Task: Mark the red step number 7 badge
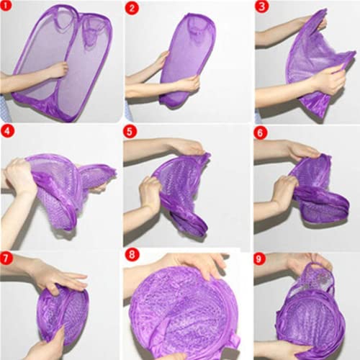click(x=7, y=257)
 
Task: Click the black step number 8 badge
click(x=131, y=256)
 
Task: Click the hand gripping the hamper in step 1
click(x=56, y=71)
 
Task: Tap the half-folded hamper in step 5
click(x=184, y=191)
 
